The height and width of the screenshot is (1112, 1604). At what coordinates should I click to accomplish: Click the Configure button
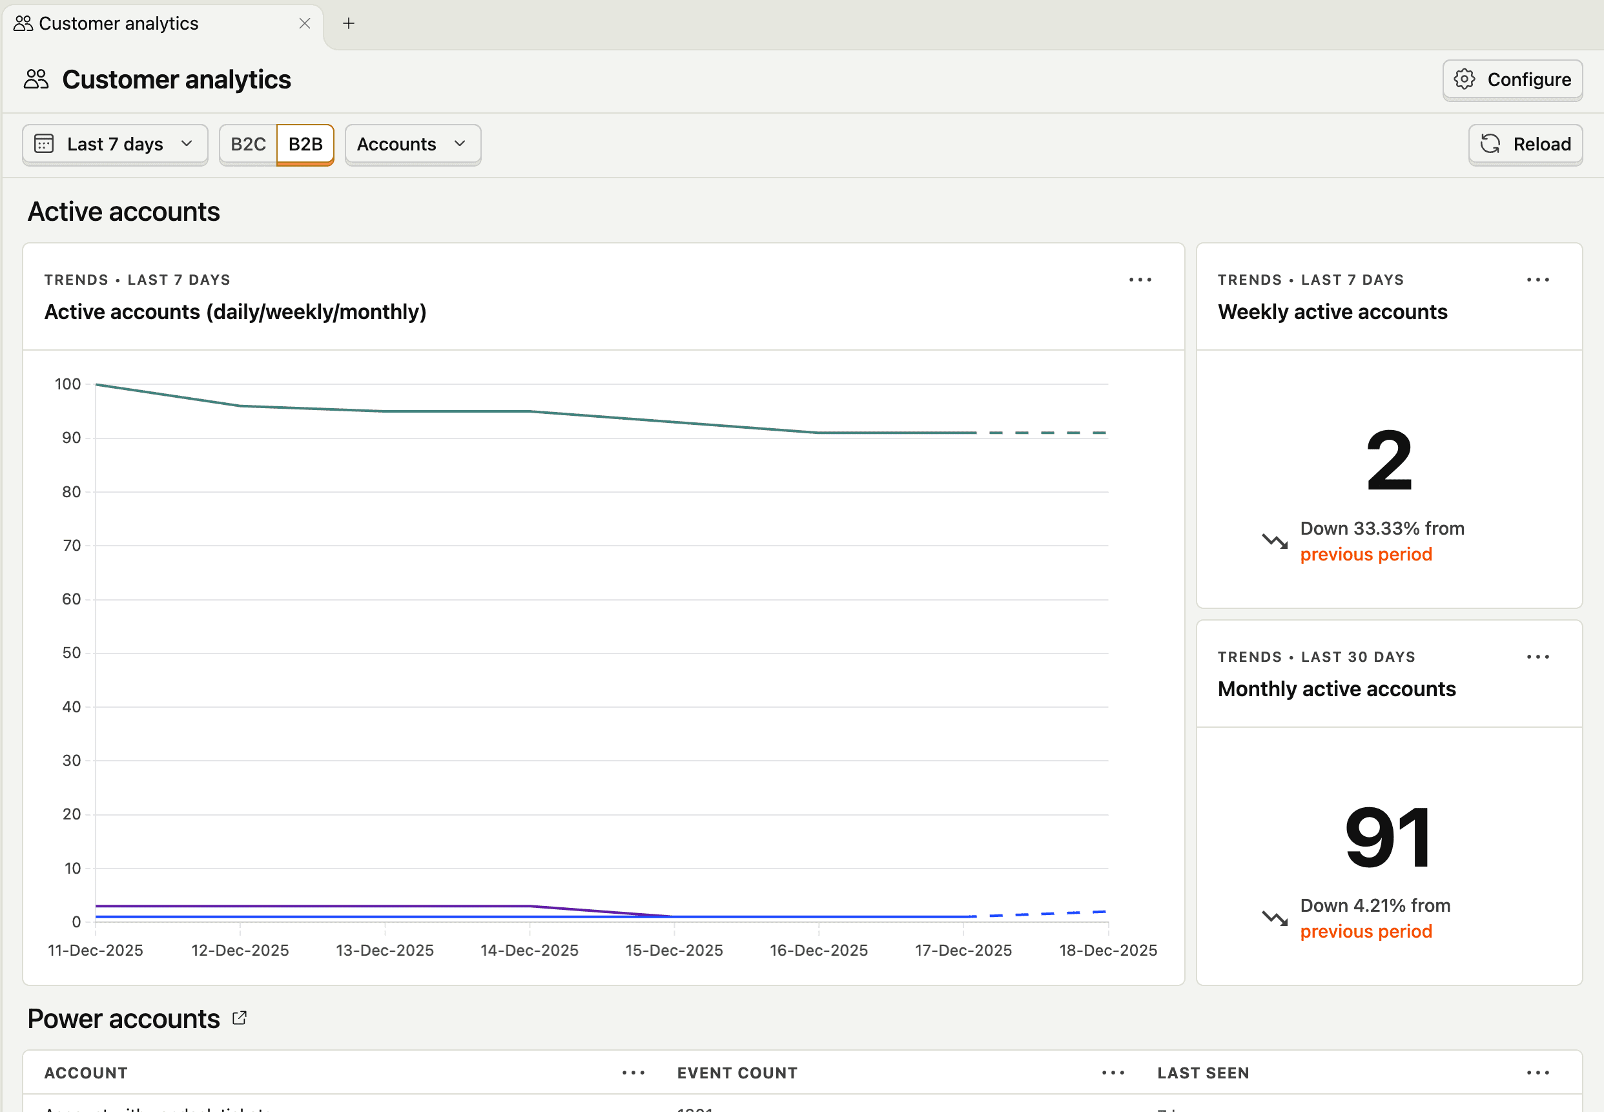click(x=1512, y=79)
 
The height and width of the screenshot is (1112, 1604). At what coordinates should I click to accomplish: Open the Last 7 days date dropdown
click(x=115, y=144)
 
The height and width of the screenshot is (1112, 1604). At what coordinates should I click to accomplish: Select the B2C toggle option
click(x=248, y=144)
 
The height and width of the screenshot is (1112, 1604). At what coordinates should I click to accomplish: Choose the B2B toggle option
click(x=305, y=144)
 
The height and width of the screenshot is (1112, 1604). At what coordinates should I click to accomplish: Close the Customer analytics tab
click(x=305, y=24)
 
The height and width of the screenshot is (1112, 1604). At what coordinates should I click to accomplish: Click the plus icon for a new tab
click(x=349, y=24)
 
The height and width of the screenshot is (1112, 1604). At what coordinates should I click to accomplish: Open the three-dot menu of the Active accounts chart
click(x=1140, y=280)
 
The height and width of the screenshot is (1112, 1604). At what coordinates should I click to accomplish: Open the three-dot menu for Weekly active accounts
click(x=1537, y=280)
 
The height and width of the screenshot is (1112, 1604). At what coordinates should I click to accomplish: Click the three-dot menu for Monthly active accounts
click(x=1537, y=657)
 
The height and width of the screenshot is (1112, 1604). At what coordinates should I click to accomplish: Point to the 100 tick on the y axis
click(x=68, y=384)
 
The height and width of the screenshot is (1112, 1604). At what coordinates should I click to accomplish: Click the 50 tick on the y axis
click(x=71, y=653)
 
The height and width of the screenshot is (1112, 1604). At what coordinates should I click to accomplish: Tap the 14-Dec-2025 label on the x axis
click(x=529, y=951)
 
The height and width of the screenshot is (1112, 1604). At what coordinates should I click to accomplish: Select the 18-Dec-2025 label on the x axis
click(x=1108, y=951)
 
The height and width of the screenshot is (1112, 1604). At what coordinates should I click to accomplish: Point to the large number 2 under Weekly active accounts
click(x=1389, y=460)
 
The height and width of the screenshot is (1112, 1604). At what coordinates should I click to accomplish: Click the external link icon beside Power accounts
click(x=240, y=1018)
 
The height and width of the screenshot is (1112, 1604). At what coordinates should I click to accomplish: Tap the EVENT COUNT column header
click(x=737, y=1073)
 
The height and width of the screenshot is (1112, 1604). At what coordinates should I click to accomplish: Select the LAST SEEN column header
click(x=1204, y=1073)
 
